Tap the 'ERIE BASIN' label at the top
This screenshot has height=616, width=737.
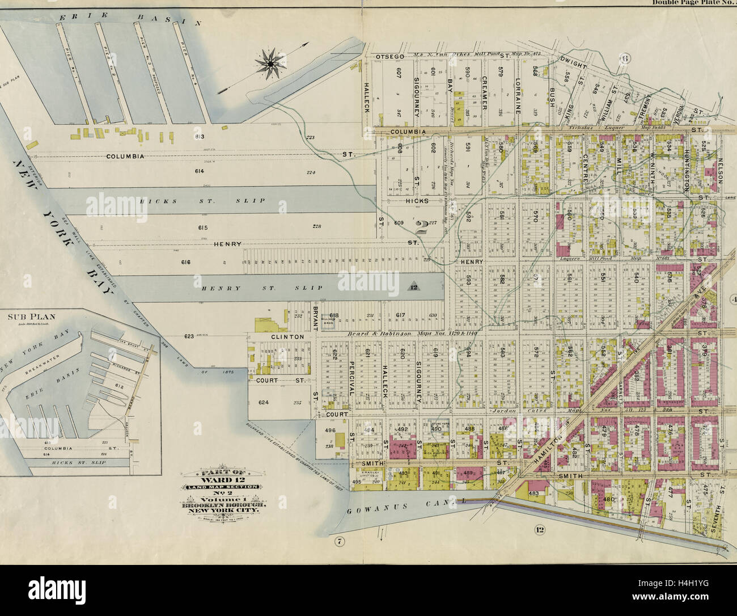pos(130,20)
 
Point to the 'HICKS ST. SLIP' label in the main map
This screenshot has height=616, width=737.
pos(179,200)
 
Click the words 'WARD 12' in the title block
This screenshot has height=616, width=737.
pos(221,479)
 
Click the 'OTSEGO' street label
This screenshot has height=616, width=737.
pos(389,57)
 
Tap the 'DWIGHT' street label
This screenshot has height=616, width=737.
pos(573,61)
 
